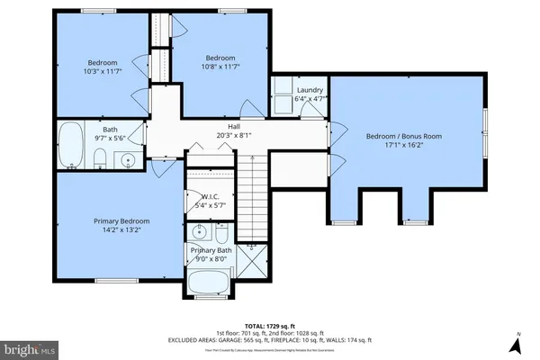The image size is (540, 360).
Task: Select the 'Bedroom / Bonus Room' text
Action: [x=404, y=136]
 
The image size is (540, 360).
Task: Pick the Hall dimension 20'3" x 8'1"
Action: [x=234, y=136]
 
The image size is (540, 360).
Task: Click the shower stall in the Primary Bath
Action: [x=253, y=260]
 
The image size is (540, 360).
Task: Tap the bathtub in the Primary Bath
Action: [x=211, y=286]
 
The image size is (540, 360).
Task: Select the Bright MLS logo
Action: [x=31, y=346]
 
